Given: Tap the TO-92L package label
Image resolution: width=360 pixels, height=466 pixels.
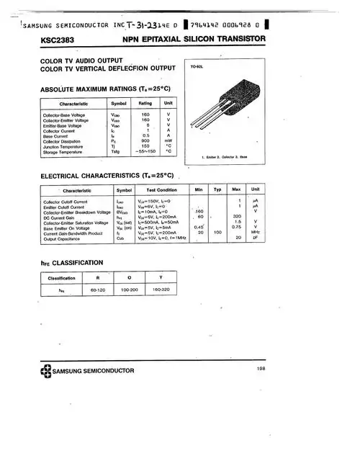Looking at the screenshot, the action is coord(198,66).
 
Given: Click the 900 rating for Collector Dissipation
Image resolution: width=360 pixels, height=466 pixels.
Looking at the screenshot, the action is coord(145,140).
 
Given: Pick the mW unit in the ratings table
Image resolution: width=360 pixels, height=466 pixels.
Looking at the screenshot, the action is coord(168,140).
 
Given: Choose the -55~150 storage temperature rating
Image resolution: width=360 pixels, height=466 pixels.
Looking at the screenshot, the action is coord(145,152).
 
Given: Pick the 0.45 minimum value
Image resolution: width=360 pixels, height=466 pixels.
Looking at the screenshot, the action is coord(201,228).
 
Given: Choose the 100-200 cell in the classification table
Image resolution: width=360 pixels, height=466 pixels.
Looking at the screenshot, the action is coord(130,290).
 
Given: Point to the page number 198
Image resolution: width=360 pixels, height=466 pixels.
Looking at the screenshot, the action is coord(261,369).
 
